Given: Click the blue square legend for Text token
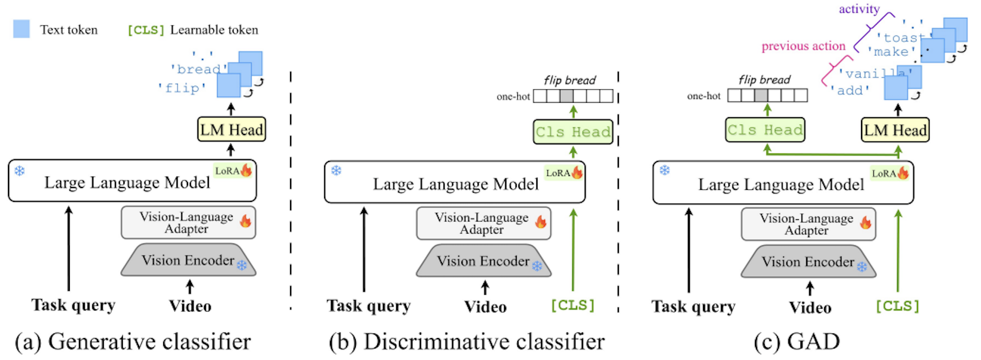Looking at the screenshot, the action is click(x=21, y=29).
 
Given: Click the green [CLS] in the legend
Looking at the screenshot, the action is click(x=146, y=30).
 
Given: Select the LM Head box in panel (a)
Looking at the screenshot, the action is click(x=232, y=129).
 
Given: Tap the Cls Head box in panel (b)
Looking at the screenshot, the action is click(x=573, y=132).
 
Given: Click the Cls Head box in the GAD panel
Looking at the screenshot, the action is click(x=765, y=130).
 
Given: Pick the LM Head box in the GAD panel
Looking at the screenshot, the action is click(x=895, y=130).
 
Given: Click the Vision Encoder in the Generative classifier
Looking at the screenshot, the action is click(x=189, y=260).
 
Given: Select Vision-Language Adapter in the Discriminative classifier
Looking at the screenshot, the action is click(x=483, y=223).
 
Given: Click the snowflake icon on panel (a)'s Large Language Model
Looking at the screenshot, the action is click(x=19, y=170).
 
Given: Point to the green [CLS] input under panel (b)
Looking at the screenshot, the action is click(x=573, y=305).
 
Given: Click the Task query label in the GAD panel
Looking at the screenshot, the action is click(x=693, y=307).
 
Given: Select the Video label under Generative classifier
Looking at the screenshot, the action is click(x=190, y=306).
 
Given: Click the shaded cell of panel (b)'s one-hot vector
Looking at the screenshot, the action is click(x=567, y=96).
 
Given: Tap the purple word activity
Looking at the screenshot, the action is click(x=859, y=9).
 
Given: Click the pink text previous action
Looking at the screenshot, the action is click(x=803, y=46).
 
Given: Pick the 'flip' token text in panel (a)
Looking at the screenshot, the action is click(x=182, y=88).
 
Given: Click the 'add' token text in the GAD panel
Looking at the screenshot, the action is click(x=850, y=91).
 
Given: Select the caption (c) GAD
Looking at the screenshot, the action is click(x=796, y=342).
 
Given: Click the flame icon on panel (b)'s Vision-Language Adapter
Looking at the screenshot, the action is click(x=541, y=222).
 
